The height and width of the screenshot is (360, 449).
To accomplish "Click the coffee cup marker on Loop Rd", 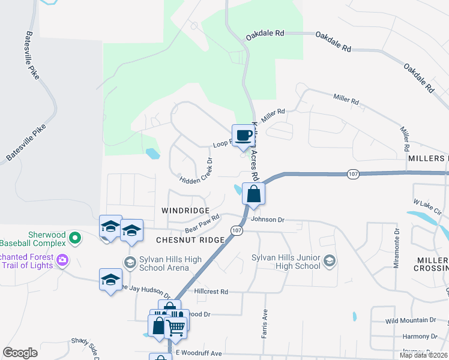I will point(243,135).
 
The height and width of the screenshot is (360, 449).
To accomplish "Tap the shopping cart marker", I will point(176,326).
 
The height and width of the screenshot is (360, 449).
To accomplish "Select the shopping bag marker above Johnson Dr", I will point(253,194).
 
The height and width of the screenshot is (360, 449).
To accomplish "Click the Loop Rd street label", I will point(221,145).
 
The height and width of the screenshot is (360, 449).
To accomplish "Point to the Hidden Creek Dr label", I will point(196,170).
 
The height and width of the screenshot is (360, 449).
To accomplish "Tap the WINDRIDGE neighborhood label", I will point(185,211).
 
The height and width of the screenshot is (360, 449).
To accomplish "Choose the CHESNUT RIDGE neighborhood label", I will point(190,240).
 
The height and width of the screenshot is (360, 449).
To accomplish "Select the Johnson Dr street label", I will point(267,220).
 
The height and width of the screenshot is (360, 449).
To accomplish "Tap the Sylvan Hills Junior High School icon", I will point(329,261).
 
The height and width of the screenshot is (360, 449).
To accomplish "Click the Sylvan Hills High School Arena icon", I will point(130,262).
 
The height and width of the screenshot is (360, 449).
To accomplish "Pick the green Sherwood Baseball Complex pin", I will point(75,238).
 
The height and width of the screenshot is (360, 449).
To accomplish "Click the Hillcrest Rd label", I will point(211,292).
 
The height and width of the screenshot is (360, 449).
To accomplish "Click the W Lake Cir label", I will point(427,208).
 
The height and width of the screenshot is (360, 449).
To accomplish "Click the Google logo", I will point(20,353).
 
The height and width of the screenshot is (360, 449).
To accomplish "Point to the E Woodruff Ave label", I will point(198,353).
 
